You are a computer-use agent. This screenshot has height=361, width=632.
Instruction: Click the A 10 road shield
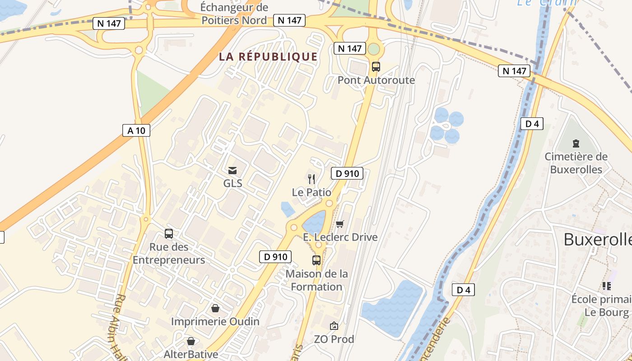[136, 131]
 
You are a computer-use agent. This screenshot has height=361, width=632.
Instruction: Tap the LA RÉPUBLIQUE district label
[268, 57]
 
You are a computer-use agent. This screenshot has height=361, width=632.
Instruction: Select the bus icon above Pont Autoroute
[376, 67]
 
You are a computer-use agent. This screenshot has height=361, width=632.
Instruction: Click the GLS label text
[232, 183]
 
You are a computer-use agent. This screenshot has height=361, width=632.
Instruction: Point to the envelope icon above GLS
[232, 170]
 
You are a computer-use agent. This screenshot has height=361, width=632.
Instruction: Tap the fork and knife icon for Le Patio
[311, 179]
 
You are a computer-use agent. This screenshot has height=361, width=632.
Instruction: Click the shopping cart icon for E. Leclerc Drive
[340, 224]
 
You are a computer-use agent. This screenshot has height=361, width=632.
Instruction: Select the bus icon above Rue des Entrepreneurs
[168, 234]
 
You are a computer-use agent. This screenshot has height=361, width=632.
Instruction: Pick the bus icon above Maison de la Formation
[316, 260]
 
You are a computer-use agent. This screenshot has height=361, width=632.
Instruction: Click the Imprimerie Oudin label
[215, 321]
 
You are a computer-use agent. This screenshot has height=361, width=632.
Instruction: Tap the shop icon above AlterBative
[191, 341]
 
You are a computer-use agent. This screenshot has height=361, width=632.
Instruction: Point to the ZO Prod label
[334, 339]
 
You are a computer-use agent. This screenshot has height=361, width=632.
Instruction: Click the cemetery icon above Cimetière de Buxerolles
[576, 143]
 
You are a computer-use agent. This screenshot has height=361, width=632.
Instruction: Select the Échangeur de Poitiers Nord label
[234, 14]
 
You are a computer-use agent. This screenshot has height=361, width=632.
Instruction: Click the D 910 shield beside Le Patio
[347, 173]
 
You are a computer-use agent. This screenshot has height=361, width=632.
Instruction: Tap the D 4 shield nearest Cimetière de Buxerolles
[531, 124]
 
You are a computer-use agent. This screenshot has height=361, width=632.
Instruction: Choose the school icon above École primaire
[606, 286]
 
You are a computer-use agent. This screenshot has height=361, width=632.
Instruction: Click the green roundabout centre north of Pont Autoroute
[374, 49]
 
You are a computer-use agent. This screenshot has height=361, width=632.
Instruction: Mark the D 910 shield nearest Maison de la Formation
[275, 257]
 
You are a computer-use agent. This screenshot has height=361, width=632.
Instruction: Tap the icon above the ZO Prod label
[334, 325]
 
